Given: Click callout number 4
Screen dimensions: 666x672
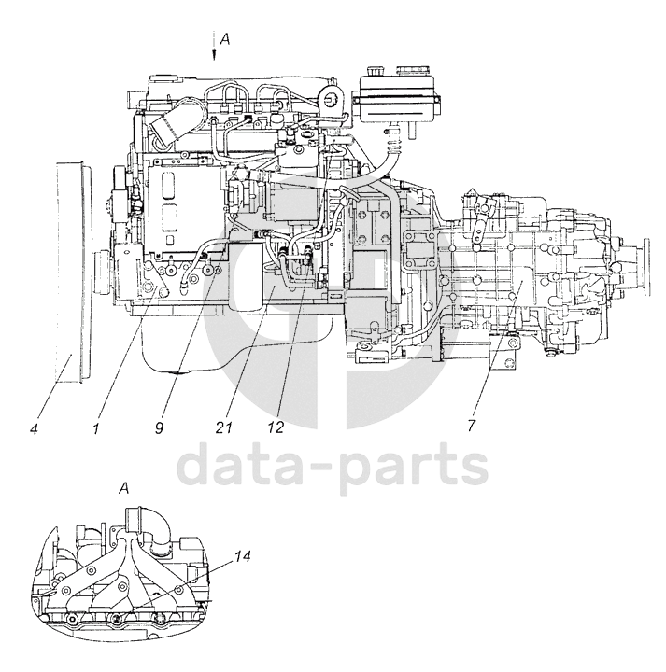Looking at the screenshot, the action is click(35, 428).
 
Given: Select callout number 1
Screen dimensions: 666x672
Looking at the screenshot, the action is click(97, 428).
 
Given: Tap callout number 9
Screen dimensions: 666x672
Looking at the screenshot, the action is click(159, 428).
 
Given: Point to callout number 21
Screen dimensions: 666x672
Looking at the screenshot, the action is click(223, 427).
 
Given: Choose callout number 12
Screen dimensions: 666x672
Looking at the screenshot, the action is click(276, 427).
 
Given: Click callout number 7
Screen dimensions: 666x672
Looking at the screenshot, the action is click(472, 426).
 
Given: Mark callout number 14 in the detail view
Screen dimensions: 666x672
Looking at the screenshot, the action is click(242, 556).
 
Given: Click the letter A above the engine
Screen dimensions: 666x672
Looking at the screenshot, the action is click(225, 40).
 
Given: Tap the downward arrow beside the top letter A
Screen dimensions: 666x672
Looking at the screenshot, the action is click(214, 47).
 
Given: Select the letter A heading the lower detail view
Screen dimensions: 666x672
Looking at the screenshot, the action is click(123, 488).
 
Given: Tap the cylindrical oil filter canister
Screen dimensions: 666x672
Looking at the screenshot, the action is click(248, 275).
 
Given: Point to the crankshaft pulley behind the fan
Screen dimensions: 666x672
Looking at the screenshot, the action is click(101, 273).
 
